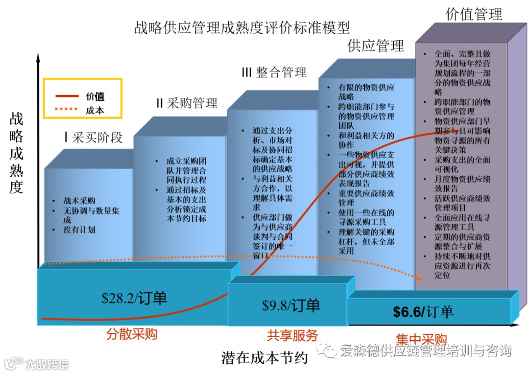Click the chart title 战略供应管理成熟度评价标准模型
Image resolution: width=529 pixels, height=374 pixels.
point(242,26)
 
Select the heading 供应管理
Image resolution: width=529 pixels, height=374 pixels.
point(376,46)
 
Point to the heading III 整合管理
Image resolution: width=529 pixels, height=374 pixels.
point(274,72)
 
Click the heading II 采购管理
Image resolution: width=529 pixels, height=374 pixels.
point(186,103)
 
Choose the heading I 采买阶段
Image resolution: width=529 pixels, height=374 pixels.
point(93,137)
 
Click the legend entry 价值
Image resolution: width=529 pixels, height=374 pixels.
point(95,96)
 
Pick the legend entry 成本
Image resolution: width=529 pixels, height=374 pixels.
point(95,110)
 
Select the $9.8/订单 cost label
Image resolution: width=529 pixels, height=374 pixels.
point(291,305)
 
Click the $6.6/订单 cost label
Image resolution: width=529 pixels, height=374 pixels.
point(423,312)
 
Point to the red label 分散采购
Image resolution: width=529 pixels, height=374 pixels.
point(132,335)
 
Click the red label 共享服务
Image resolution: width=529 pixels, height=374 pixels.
point(292,335)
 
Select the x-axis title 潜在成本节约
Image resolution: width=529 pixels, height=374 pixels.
point(264,358)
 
